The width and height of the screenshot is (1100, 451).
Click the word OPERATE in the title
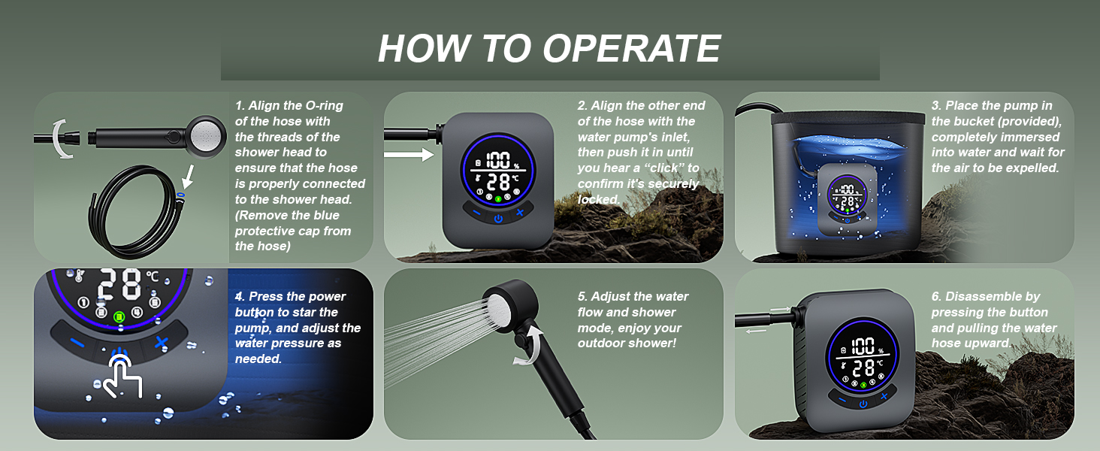(631, 49)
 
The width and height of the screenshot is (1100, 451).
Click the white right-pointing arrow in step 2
(409, 155)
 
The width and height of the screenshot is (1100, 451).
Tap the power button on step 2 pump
(498, 219)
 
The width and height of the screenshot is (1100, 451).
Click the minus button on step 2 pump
(476, 212)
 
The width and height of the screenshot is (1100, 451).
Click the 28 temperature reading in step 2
(499, 182)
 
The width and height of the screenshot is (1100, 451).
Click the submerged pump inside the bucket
(847, 199)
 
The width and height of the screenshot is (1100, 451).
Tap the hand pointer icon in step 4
(122, 376)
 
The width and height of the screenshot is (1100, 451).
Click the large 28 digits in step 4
(119, 283)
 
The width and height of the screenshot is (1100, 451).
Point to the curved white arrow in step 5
(530, 347)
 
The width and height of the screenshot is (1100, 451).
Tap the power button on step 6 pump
(863, 404)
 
